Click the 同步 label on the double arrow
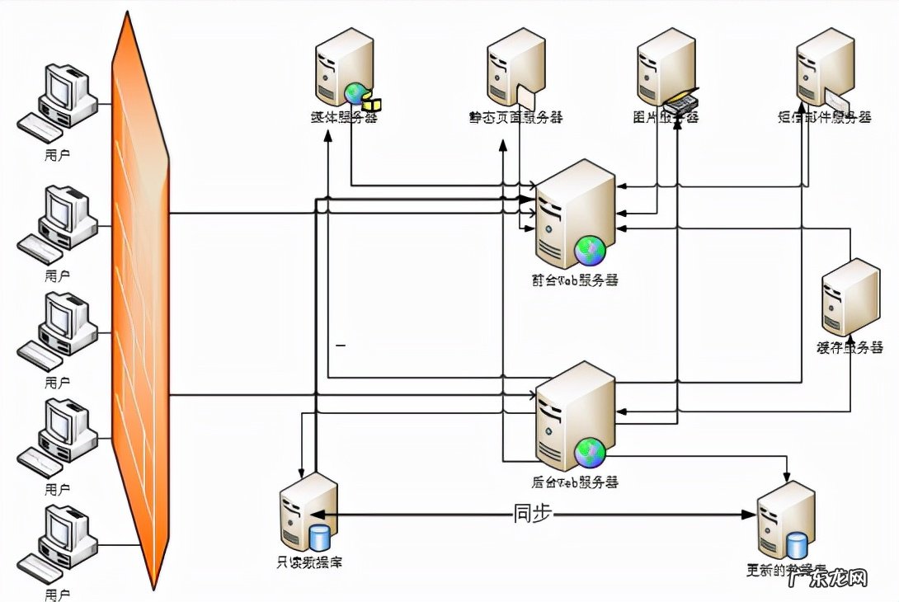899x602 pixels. click(532, 513)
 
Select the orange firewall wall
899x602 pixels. click(140, 301)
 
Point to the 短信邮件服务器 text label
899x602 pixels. click(824, 118)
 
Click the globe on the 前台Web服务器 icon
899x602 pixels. click(591, 248)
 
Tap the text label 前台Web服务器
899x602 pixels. click(576, 280)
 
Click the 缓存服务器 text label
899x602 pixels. click(850, 347)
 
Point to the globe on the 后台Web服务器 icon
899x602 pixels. click(591, 450)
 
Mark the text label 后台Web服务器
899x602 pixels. click(576, 482)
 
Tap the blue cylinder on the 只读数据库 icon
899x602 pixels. click(319, 538)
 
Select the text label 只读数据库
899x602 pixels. click(309, 563)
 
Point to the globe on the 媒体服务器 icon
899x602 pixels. click(355, 92)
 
